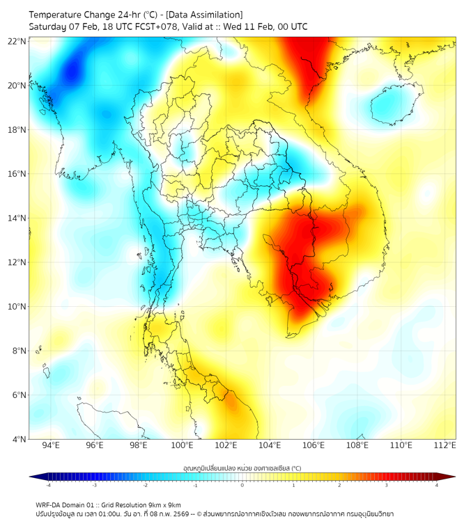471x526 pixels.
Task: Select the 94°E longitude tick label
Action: click(51, 445)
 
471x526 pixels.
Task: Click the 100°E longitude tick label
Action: click(183, 445)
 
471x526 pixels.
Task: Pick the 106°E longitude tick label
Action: click(314, 445)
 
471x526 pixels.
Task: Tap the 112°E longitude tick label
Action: click(445, 445)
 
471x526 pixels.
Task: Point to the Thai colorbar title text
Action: click(242, 467)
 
